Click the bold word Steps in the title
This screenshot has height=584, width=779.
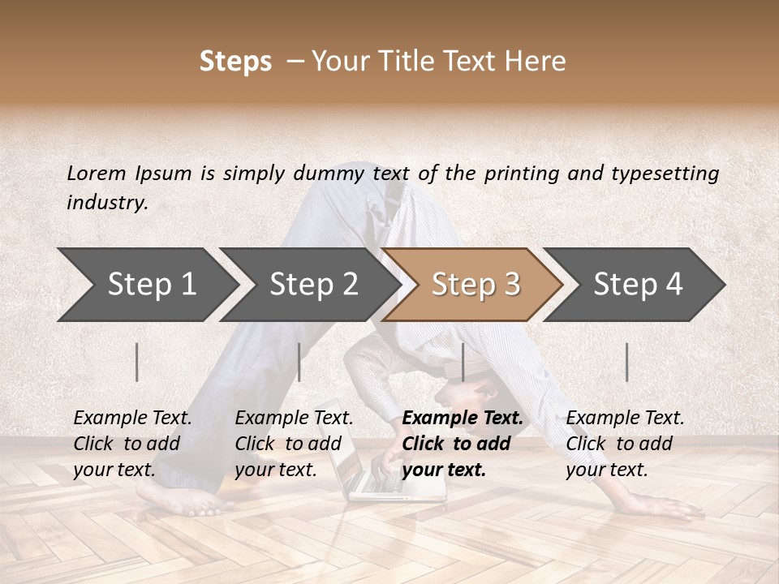[235, 62]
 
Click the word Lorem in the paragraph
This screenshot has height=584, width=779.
[96, 173]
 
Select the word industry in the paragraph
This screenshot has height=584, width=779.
[106, 203]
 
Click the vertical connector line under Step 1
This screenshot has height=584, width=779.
[137, 362]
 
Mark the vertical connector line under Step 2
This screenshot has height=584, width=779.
[299, 362]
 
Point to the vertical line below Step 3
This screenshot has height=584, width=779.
[463, 362]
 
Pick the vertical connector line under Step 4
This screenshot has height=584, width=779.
[626, 362]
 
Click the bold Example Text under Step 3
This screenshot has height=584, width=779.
[463, 418]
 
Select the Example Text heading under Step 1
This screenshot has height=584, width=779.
[132, 418]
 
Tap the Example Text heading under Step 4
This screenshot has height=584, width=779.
[625, 418]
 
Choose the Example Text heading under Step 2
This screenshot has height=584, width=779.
[294, 418]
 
